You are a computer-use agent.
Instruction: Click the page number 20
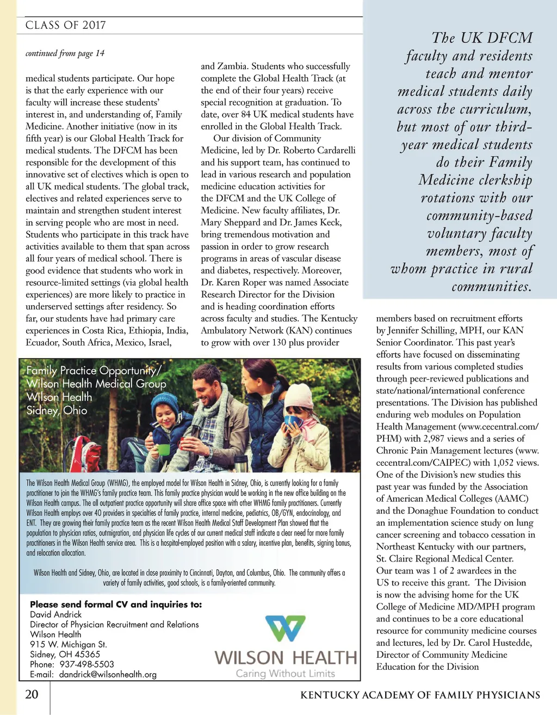[x=32, y=694]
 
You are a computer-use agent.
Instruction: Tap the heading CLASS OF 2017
[x=65, y=25]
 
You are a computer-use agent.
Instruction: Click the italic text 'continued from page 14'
[x=65, y=53]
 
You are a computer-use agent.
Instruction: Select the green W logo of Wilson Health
[x=285, y=628]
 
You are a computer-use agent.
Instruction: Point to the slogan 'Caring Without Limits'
[x=285, y=674]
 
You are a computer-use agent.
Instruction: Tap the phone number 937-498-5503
[x=87, y=664]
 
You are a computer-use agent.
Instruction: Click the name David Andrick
[x=55, y=614]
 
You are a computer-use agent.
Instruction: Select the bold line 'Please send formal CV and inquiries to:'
[x=116, y=605]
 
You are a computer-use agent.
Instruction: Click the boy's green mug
[x=163, y=449]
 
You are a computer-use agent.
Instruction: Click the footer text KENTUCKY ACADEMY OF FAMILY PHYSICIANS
[x=420, y=695]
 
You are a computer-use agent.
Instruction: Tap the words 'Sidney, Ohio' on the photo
[x=57, y=410]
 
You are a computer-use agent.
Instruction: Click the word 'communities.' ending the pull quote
[x=491, y=287]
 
